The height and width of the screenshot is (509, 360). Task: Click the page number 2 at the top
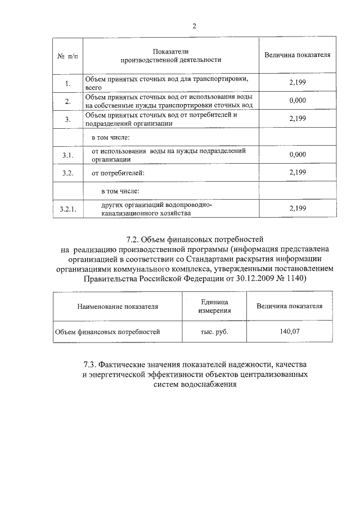point(194,26)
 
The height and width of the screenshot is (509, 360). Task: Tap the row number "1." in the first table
point(67,84)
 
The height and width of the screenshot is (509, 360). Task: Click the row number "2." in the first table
point(67,101)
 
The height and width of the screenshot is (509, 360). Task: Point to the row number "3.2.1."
point(67,210)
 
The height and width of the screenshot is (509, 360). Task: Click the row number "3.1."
point(67,155)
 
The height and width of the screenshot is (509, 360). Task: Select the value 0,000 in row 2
point(296,101)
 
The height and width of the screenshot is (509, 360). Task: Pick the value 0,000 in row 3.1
point(296,155)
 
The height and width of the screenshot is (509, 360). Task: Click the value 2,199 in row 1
point(296,83)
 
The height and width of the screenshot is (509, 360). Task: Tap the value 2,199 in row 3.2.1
point(296,209)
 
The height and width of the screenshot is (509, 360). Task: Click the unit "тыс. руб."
point(214,332)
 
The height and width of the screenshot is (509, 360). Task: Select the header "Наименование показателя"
point(118,307)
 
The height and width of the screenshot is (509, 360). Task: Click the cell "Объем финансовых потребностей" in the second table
point(107,332)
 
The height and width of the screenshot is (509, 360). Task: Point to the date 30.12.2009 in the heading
point(250,278)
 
